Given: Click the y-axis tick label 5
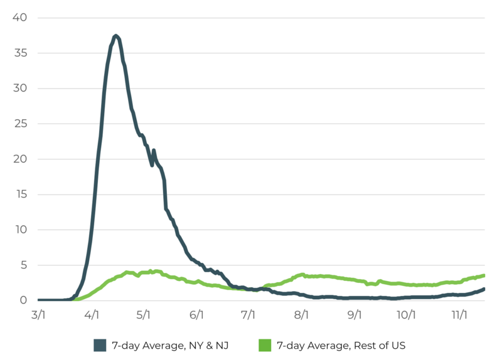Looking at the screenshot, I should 24,265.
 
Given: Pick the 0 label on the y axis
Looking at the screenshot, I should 24,300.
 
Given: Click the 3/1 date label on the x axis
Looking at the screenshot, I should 39,315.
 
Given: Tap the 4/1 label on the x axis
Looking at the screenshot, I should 92,315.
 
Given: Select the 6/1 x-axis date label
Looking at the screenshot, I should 196,315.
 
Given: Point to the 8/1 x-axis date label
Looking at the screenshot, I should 302,315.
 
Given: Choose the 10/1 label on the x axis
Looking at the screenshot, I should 406,315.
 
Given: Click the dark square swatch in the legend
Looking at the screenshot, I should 100,345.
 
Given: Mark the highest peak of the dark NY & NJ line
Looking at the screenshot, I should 116,36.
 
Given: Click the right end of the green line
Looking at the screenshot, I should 484,275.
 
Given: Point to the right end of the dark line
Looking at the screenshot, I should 484,289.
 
